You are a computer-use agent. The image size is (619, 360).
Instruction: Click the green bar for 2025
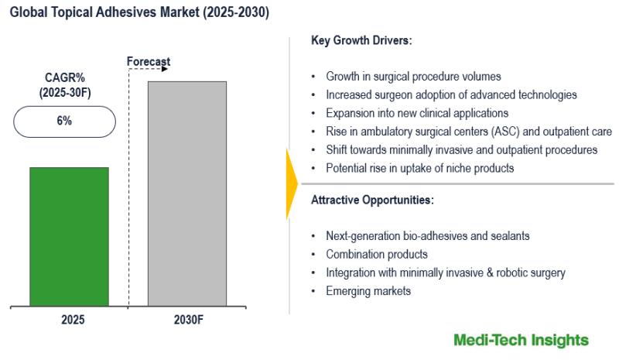tap(69, 237)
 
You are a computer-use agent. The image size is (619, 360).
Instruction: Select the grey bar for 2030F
tap(187, 194)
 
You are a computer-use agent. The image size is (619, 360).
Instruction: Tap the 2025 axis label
tap(73, 319)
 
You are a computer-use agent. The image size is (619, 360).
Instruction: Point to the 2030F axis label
tap(189, 319)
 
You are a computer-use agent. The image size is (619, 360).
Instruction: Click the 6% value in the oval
tap(64, 121)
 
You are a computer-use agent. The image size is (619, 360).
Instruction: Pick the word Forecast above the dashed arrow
tap(149, 62)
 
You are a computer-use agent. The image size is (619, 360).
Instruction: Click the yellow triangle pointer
tap(292, 183)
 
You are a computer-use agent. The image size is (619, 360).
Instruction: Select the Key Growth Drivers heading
tap(361, 40)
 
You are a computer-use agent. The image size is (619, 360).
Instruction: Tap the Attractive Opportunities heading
tap(372, 200)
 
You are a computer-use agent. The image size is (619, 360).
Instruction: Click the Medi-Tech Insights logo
tap(521, 340)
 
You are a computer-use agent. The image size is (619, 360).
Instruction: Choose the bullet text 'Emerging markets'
tap(368, 291)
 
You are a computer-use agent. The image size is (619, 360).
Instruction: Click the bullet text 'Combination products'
tap(377, 254)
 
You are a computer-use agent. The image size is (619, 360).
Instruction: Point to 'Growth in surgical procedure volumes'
tap(413, 77)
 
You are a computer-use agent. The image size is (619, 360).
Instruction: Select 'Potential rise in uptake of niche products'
tap(419, 168)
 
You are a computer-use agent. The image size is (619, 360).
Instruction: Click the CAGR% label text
tap(65, 77)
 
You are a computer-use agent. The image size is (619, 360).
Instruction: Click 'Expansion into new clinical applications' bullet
tap(417, 113)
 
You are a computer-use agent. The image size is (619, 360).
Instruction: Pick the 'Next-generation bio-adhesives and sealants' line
tap(428, 236)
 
